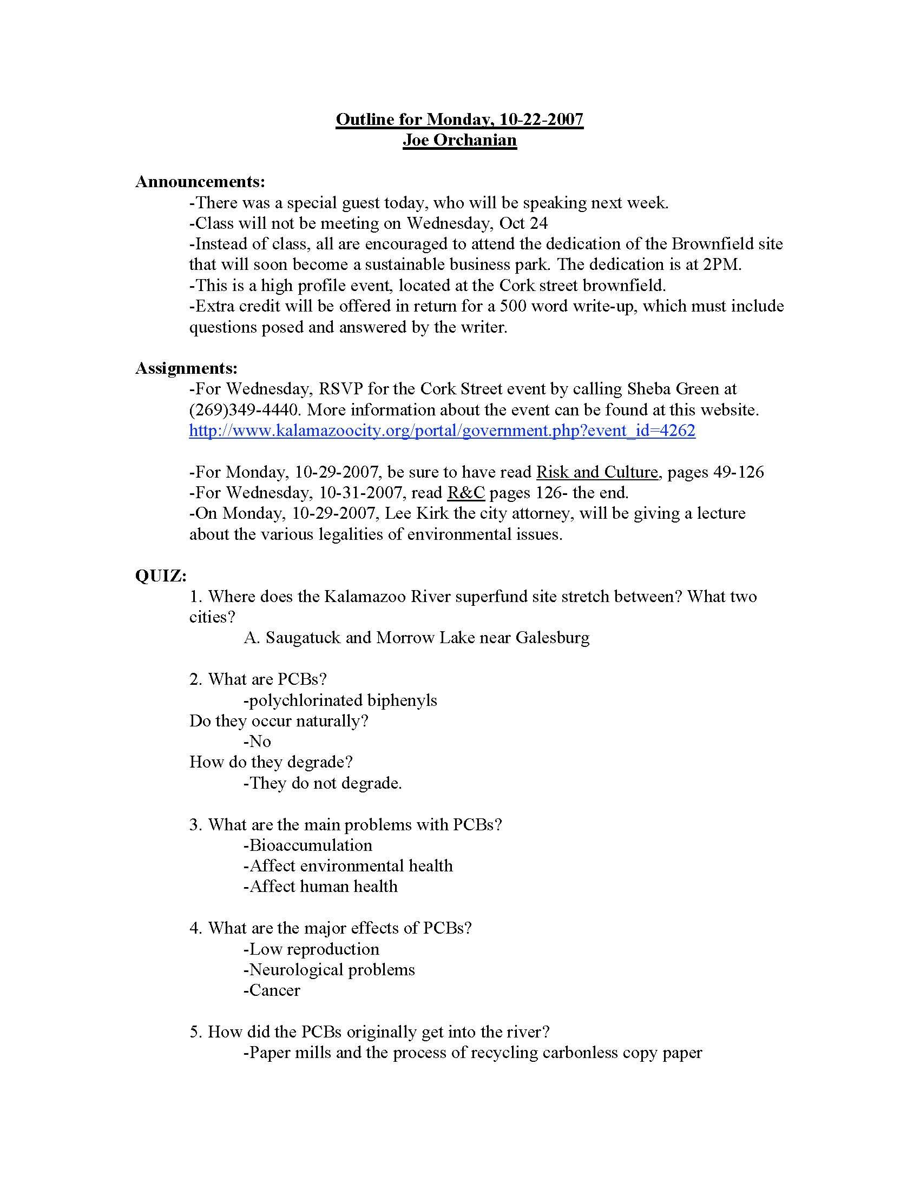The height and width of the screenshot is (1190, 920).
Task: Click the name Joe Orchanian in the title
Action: click(459, 140)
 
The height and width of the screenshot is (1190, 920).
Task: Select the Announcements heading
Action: click(200, 181)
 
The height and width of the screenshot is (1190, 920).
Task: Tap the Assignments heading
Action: click(186, 368)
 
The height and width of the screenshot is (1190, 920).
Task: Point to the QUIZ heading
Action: click(161, 576)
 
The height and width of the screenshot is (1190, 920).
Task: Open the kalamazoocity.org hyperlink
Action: click(442, 431)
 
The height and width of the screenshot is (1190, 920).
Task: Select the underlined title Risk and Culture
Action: click(597, 472)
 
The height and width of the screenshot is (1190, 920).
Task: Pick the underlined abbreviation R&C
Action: click(465, 493)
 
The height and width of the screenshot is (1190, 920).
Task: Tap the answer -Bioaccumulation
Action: click(308, 845)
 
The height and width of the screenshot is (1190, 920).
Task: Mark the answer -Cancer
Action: click(272, 990)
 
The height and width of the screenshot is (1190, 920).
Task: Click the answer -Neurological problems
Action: click(329, 969)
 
